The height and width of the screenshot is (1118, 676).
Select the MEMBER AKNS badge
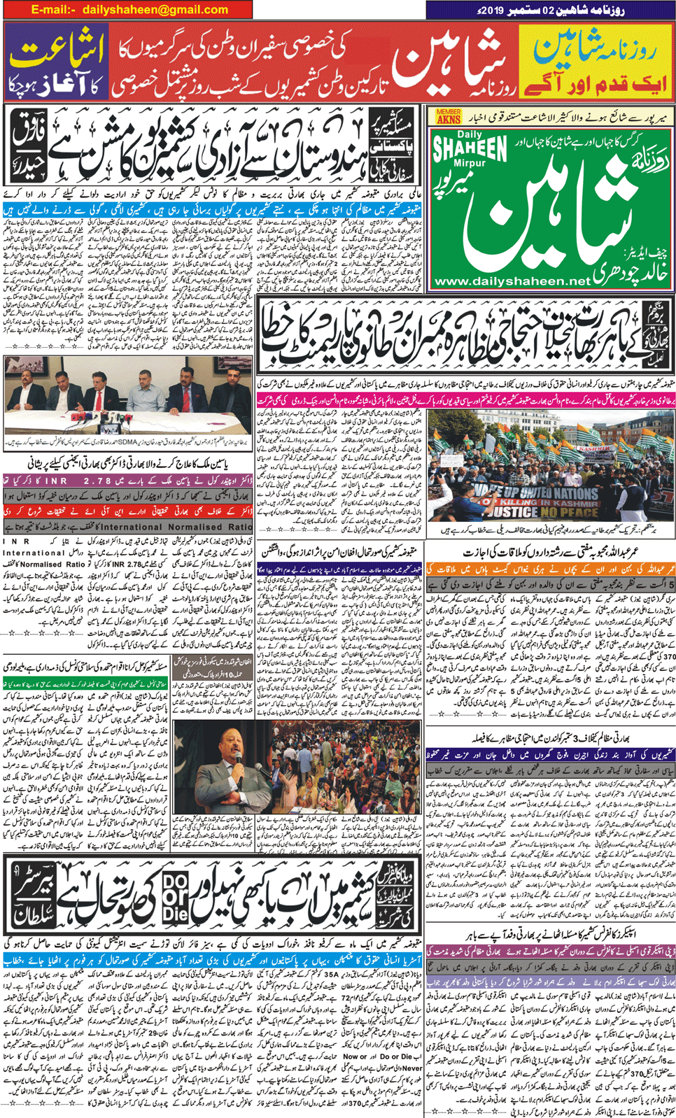click(449, 116)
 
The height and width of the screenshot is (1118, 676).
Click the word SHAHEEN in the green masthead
click(470, 148)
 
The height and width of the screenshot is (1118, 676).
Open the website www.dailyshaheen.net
click(512, 281)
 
